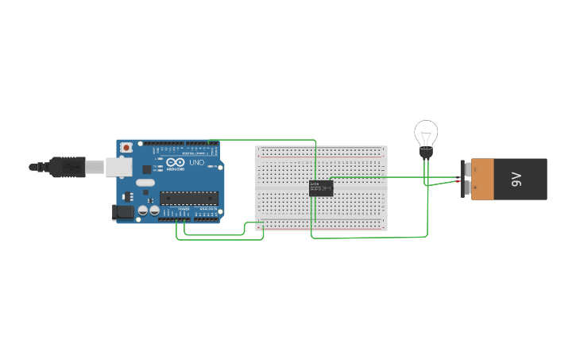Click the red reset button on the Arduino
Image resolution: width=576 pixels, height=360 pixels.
[x=126, y=148]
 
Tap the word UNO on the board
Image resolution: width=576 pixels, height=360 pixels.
[x=197, y=162]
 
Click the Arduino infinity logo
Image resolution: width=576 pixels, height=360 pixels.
[x=175, y=162]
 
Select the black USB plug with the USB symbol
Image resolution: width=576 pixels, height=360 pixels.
[x=67, y=167]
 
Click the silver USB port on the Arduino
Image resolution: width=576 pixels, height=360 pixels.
[x=119, y=166]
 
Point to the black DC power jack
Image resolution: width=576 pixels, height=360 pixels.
[x=123, y=211]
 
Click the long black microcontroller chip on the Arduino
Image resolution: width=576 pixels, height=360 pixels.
[x=188, y=198]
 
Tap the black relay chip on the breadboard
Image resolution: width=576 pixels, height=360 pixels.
[x=320, y=188]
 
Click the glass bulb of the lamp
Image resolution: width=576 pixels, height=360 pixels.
[x=426, y=133]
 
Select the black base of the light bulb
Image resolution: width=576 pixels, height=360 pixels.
[x=427, y=153]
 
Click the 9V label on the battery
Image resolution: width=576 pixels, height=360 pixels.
[x=516, y=179]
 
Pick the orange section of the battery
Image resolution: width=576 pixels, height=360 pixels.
[x=482, y=179]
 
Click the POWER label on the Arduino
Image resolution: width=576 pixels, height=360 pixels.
[x=184, y=209]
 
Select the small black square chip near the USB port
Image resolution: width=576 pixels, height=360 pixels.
[x=147, y=168]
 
